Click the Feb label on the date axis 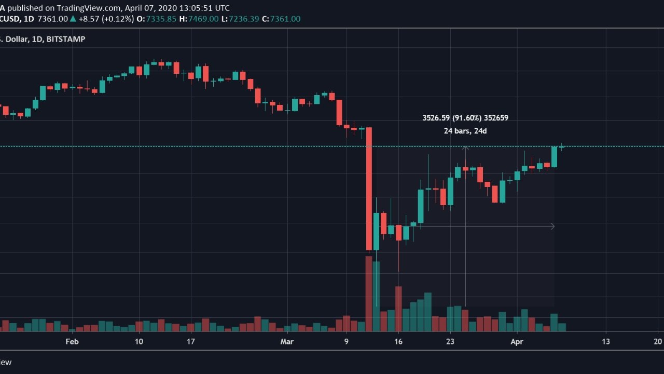(x=72, y=341)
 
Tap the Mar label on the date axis (x=287, y=341)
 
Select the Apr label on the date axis (x=517, y=342)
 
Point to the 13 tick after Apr (x=605, y=341)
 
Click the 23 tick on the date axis (x=450, y=341)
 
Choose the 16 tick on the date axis (x=398, y=341)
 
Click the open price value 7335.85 (x=161, y=19)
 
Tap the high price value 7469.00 (x=203, y=19)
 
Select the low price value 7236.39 (x=244, y=19)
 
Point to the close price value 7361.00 (x=285, y=19)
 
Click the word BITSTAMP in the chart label (x=66, y=39)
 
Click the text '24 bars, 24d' (x=465, y=131)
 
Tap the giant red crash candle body (x=369, y=189)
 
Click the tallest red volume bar (x=369, y=293)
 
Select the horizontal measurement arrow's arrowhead (x=553, y=226)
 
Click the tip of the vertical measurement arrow (x=465, y=146)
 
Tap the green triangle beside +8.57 (x=73, y=19)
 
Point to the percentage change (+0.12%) (x=118, y=19)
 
